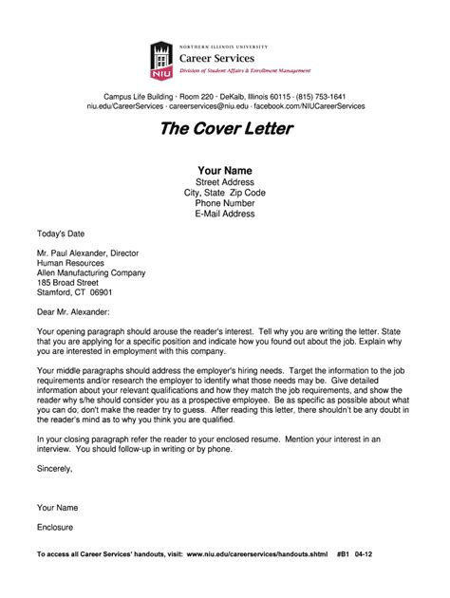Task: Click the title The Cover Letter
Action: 225,128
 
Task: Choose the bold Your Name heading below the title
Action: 225,170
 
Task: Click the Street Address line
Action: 225,181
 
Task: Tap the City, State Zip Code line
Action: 225,192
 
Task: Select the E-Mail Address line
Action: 225,214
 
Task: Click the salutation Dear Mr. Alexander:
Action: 73,310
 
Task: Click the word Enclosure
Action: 55,526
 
